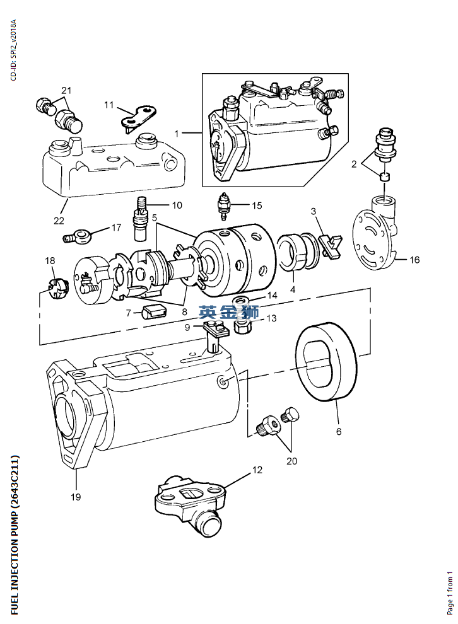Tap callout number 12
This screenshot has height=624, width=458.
click(x=257, y=470)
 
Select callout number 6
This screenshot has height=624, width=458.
click(x=339, y=432)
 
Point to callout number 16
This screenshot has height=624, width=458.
click(x=414, y=260)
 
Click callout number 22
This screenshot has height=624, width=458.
click(x=59, y=221)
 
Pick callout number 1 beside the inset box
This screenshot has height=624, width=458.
click(x=177, y=133)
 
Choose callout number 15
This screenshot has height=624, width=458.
click(x=257, y=205)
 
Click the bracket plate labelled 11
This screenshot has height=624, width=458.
click(x=138, y=117)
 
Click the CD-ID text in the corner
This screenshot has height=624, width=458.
click(x=13, y=50)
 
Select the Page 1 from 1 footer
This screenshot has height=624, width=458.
click(x=450, y=592)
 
